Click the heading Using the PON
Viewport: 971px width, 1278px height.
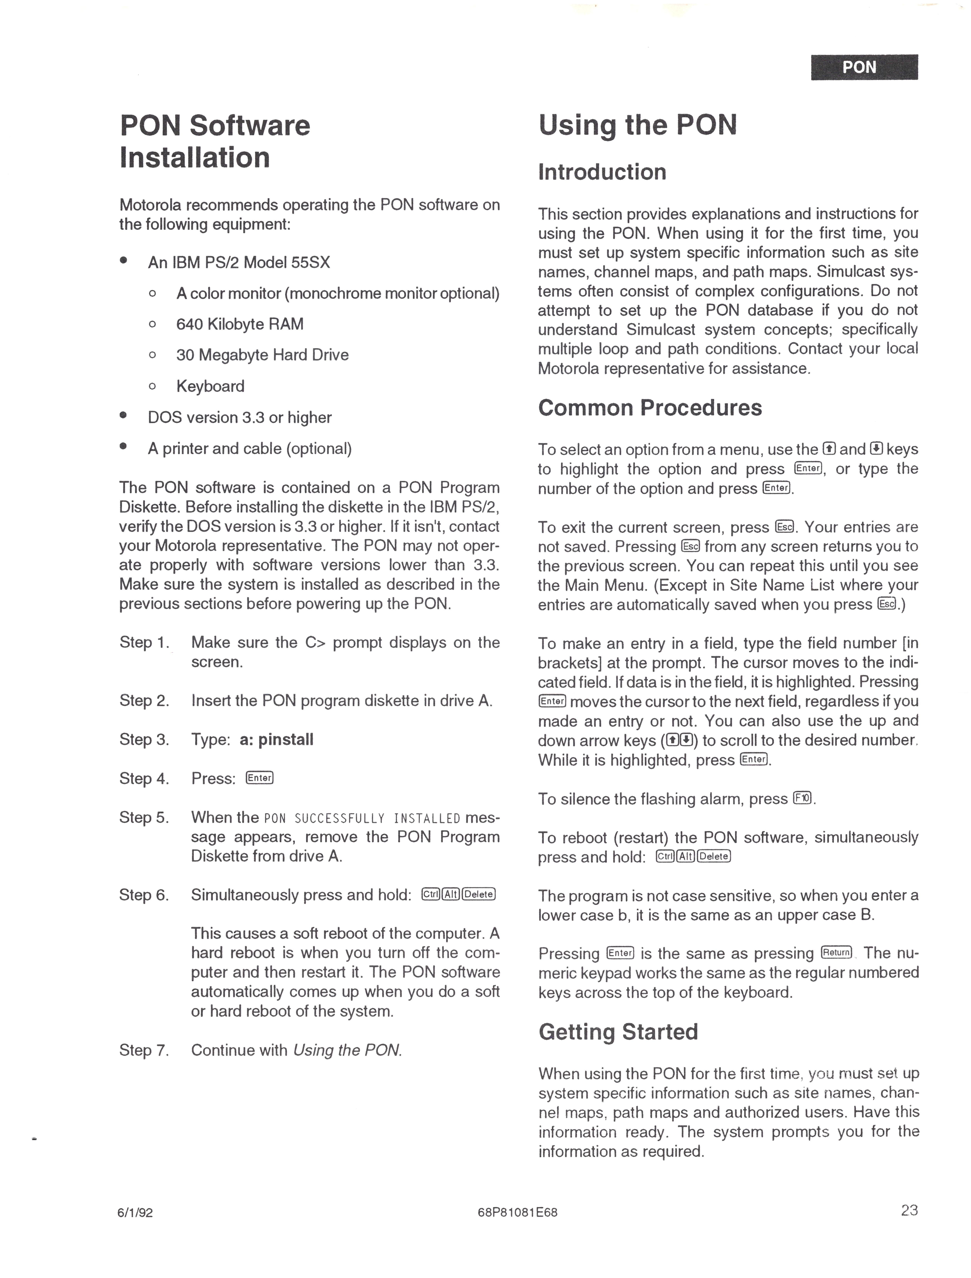[x=637, y=125]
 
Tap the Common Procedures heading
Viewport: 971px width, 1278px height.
[x=650, y=408]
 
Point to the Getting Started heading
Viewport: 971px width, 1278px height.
[x=618, y=1032]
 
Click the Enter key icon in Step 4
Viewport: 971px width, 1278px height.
[x=260, y=778]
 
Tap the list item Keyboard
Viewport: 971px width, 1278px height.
[x=210, y=386]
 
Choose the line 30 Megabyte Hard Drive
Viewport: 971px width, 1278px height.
[x=262, y=355]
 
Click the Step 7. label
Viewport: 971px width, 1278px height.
[x=144, y=1050]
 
